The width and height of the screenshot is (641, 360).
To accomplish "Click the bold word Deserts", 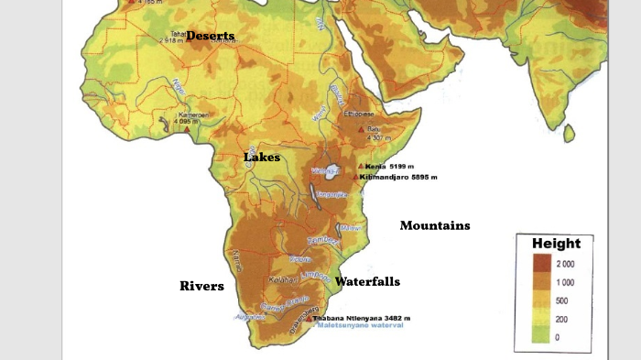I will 210,36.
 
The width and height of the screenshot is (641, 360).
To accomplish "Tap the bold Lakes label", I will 262,158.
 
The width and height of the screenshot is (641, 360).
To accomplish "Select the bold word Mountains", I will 435,225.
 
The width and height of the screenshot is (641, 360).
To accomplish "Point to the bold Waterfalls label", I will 367,282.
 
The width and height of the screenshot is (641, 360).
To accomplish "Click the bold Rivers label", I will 201,287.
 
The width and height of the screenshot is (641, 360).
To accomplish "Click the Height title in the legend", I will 556,243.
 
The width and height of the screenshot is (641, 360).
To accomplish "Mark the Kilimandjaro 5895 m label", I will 398,177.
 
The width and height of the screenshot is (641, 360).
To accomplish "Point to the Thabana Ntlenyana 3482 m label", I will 362,318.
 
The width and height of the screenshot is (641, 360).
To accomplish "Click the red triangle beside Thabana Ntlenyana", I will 312,318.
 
